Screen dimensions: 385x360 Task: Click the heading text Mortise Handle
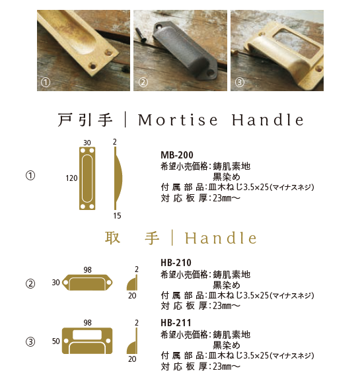click(222, 120)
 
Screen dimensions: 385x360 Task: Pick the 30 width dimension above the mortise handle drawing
click(87, 143)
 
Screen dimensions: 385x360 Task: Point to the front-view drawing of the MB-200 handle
click(87, 178)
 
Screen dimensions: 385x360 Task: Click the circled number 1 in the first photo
click(46, 83)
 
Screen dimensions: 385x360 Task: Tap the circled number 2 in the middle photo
click(143, 83)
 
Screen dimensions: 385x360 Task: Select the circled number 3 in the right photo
click(239, 83)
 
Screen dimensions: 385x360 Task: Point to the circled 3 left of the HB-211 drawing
click(30, 342)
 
